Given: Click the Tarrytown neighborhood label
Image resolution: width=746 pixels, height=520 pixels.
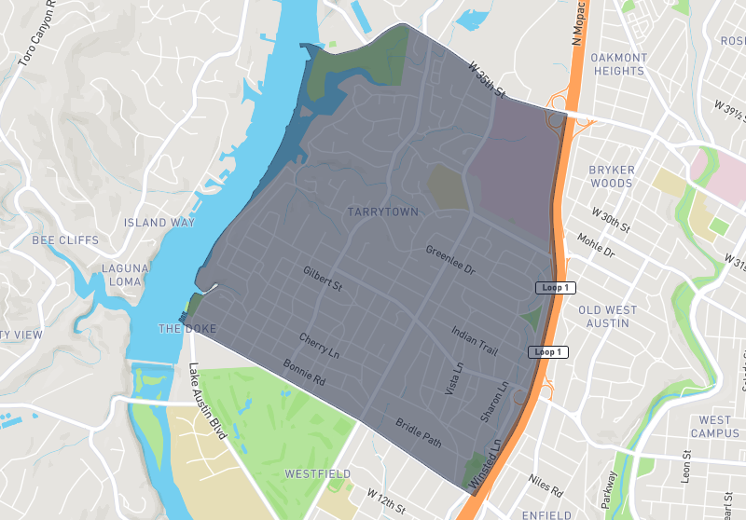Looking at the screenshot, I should tap(382, 212).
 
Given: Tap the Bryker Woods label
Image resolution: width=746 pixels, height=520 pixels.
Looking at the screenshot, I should tap(612, 176).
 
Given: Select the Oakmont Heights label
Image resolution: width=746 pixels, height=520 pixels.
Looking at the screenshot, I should tap(618, 64).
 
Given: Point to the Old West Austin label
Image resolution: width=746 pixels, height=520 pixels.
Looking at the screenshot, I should tap(608, 316).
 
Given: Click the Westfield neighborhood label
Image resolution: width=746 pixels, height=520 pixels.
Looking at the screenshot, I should tap(318, 474).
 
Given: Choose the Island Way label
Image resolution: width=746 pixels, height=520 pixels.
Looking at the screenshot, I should tap(159, 223).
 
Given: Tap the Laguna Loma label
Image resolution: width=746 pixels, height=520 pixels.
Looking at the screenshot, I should tap(124, 275).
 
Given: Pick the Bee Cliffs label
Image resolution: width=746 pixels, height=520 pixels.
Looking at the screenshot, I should tap(65, 240).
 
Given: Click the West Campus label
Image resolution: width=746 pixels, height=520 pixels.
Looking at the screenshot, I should tap(716, 427).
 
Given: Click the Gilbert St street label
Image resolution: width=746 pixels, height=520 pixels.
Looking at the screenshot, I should tap(323, 280).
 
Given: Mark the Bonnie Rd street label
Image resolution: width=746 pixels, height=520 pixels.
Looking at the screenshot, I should tap(304, 373).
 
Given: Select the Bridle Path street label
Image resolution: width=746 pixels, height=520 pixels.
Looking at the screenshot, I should tap(418, 431).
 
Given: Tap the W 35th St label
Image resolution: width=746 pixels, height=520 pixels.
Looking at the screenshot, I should tap(487, 81).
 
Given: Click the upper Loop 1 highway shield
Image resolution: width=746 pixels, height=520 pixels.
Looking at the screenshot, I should tap(555, 288).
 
